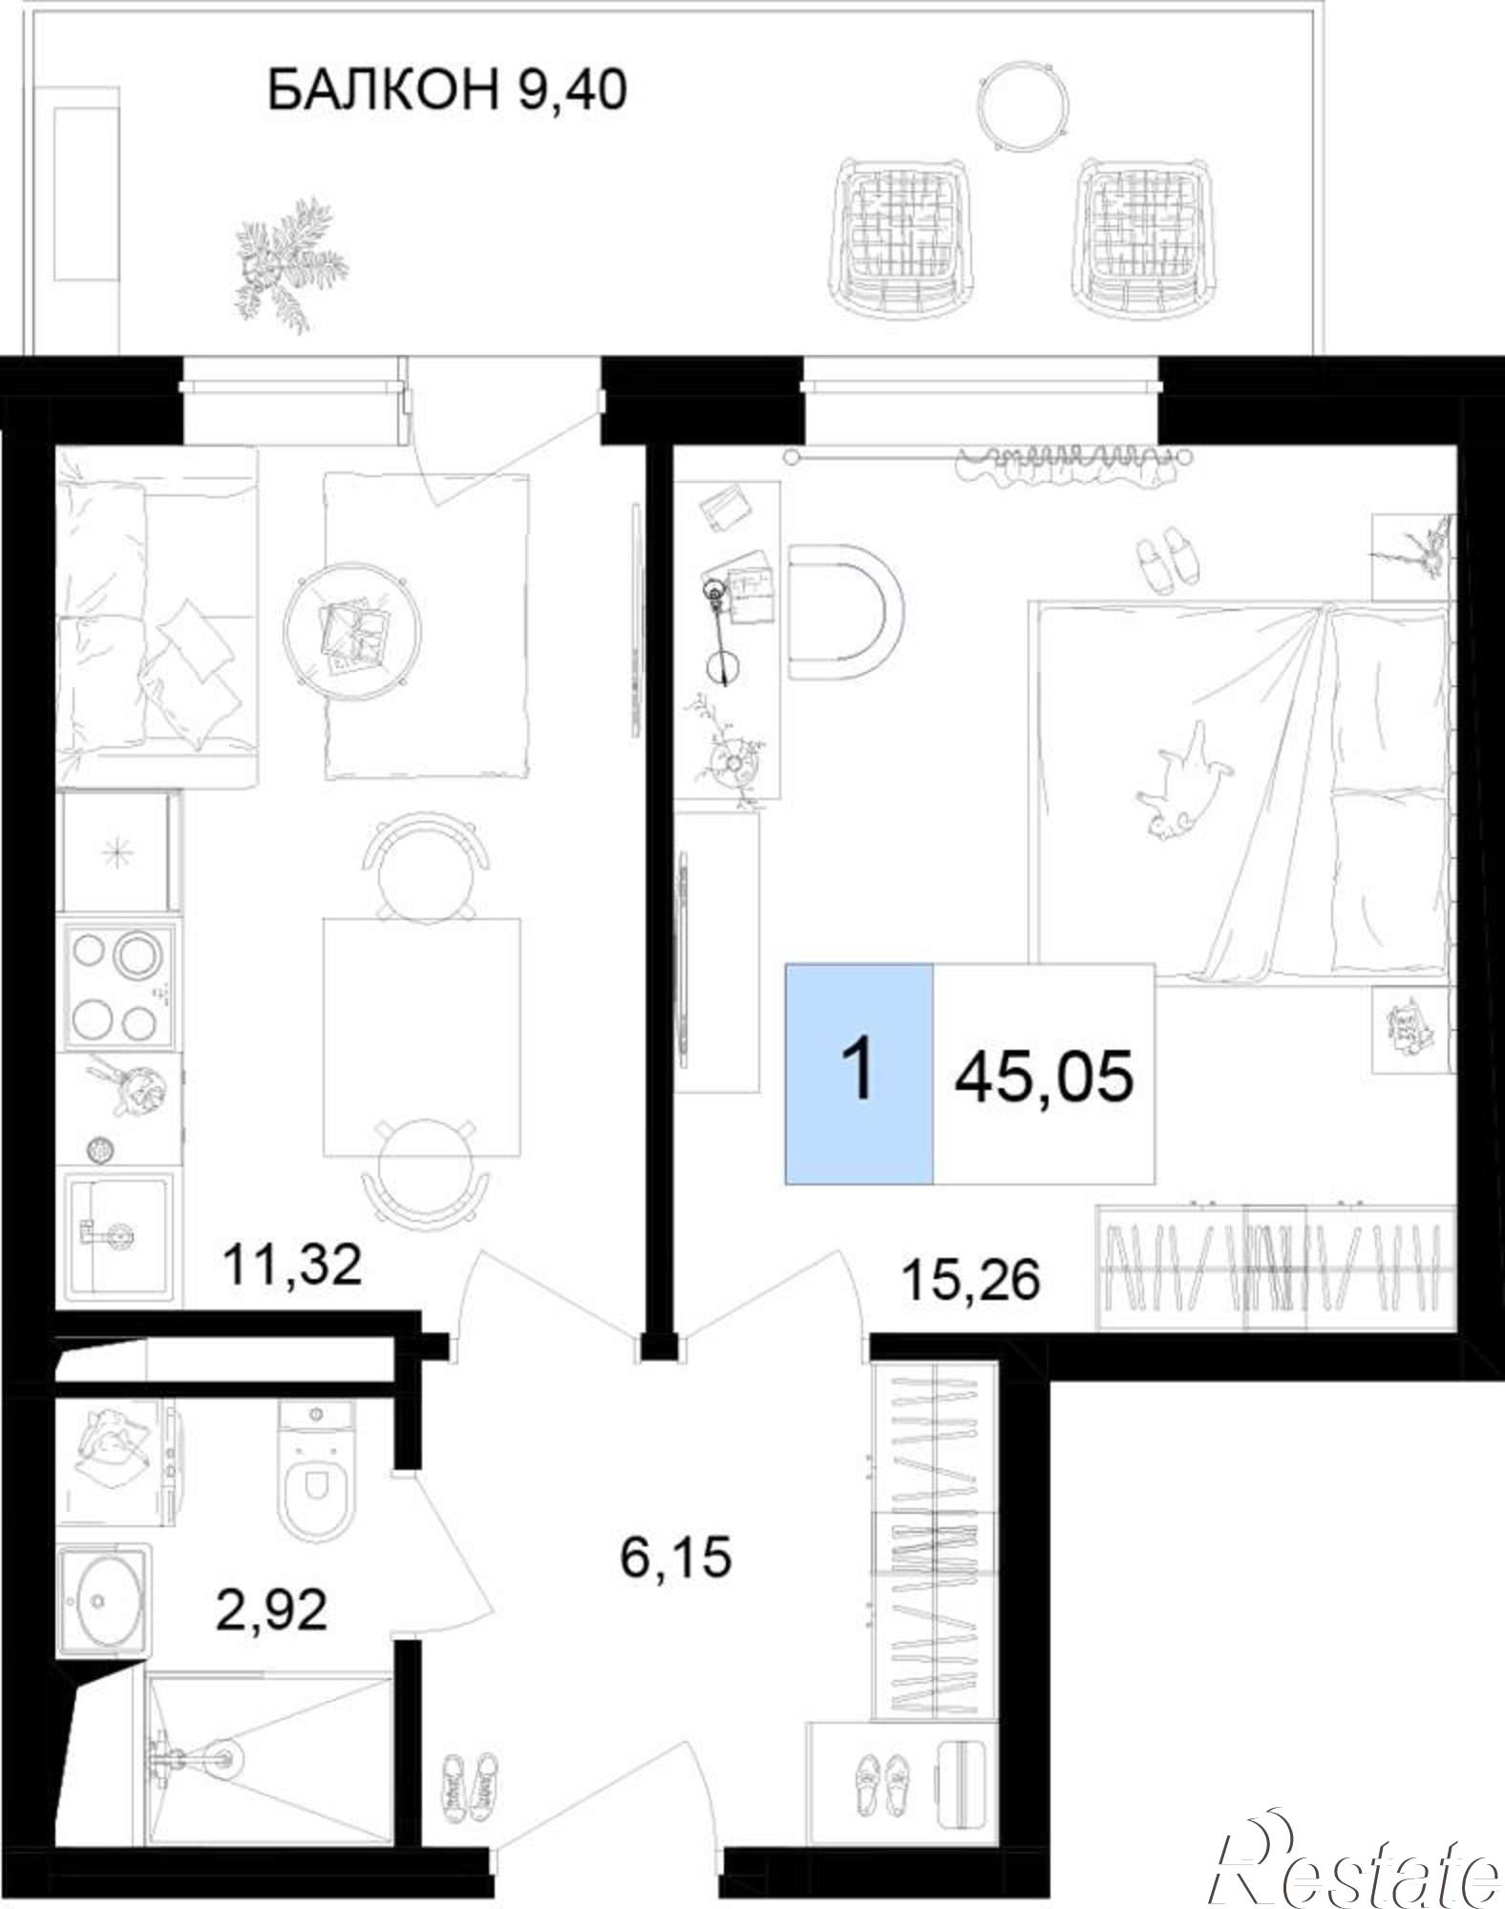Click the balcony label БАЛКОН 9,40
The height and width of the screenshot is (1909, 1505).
tap(447, 92)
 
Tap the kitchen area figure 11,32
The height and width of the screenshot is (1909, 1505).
tap(292, 1266)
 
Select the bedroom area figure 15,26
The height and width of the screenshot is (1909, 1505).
tap(970, 1280)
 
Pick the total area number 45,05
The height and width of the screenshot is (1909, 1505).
tap(1045, 1076)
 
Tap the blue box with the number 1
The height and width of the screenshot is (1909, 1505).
tap(859, 1074)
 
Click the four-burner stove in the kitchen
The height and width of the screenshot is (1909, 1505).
tap(119, 986)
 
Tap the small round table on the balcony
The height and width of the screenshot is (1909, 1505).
tap(1023, 105)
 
